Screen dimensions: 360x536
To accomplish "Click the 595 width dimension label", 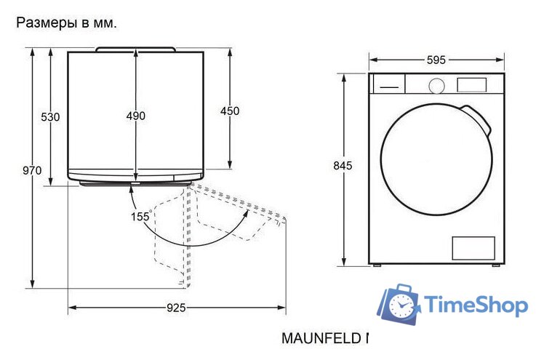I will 436,60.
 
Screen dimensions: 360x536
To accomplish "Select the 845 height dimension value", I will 343,166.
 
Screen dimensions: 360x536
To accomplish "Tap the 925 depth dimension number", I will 176,308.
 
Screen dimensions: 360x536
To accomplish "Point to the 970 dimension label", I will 32,171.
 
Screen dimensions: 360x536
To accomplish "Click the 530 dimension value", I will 50,116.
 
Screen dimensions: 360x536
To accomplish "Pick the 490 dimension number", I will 136,116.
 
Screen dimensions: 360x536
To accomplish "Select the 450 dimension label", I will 230,111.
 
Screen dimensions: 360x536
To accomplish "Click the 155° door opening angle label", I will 140,216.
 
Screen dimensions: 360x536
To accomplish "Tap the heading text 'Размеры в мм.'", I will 66,23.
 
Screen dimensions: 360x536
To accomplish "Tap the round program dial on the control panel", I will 436,85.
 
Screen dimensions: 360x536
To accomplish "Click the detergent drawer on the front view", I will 388,84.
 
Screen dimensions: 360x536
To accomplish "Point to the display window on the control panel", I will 471,84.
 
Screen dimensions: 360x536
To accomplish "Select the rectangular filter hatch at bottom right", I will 473,248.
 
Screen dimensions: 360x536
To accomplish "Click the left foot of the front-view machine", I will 377,265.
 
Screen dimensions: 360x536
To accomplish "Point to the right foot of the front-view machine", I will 495,265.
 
